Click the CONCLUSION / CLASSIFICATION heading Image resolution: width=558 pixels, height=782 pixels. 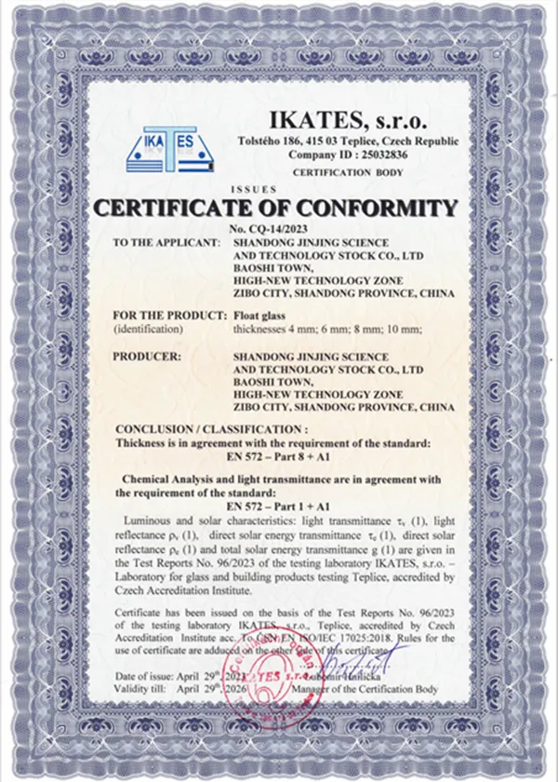coord(211,429)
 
